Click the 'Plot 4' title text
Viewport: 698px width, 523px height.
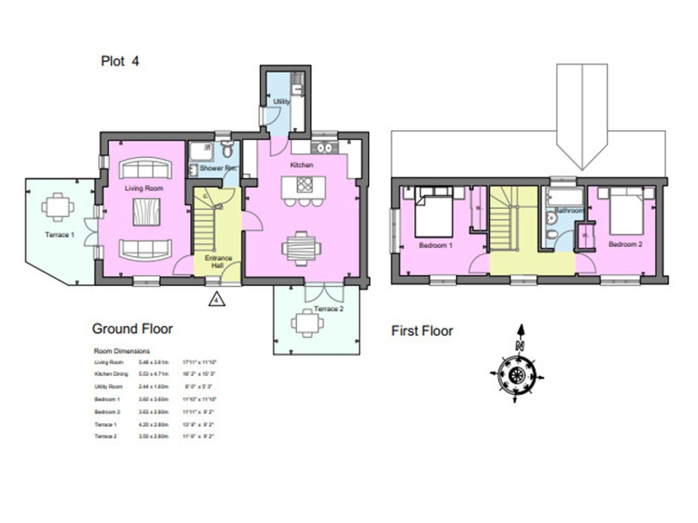tap(119, 62)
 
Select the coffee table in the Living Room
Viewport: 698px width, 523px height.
tap(143, 213)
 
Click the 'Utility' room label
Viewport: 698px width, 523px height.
tap(282, 102)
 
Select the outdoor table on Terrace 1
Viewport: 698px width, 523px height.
tap(57, 207)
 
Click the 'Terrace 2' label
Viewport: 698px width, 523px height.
tap(328, 310)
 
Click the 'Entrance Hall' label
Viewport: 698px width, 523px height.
tap(218, 262)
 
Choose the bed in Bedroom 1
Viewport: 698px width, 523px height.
tap(433, 214)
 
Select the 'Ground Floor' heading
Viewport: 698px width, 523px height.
tap(132, 329)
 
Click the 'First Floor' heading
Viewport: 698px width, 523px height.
tap(422, 331)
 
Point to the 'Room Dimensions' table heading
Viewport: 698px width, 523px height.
tap(122, 350)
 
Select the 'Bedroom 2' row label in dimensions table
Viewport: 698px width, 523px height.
tap(107, 411)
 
